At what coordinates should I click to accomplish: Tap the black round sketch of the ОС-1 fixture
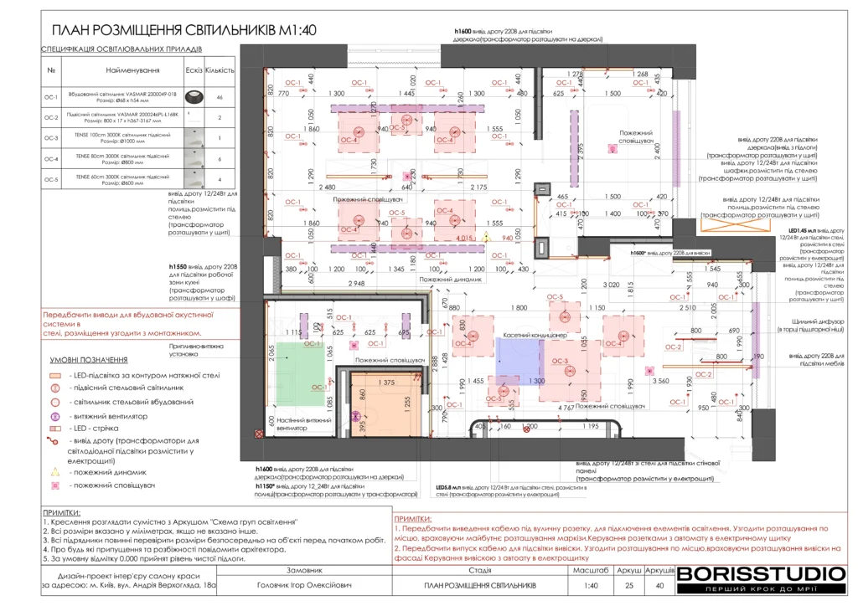pyautogui.click(x=194, y=97)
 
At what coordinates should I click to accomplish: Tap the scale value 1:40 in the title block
pyautogui.click(x=591, y=585)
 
